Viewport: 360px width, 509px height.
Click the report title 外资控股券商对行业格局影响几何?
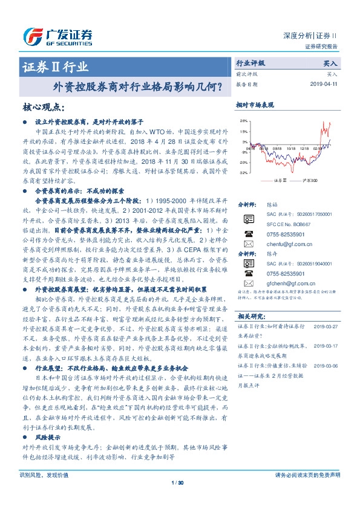[x=138, y=86]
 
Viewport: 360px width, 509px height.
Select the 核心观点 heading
[x=44, y=108]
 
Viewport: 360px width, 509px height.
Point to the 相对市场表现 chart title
[x=255, y=105]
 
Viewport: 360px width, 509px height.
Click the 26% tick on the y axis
[x=243, y=121]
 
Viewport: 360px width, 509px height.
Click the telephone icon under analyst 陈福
[x=247, y=233]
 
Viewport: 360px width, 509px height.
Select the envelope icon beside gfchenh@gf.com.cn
[x=247, y=283]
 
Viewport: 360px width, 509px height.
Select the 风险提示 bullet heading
[x=45, y=452]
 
